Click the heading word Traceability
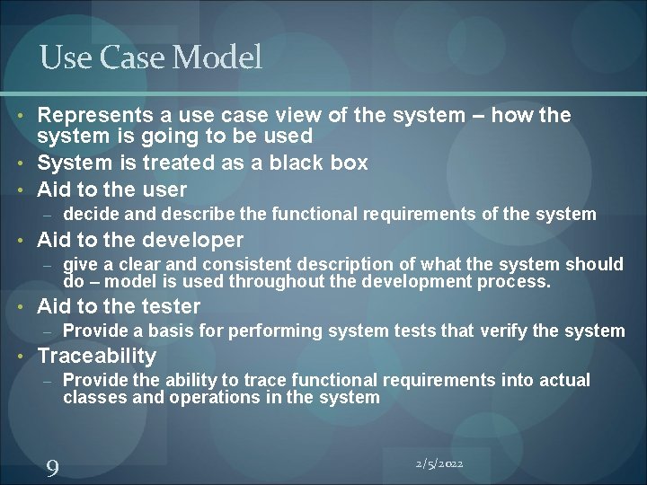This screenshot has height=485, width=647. pos(96,355)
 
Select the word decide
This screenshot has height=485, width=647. pos(90,214)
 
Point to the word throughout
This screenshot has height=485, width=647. pos(275,281)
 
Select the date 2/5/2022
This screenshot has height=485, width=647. pos(439,463)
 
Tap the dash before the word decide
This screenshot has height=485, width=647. pos(50,215)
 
